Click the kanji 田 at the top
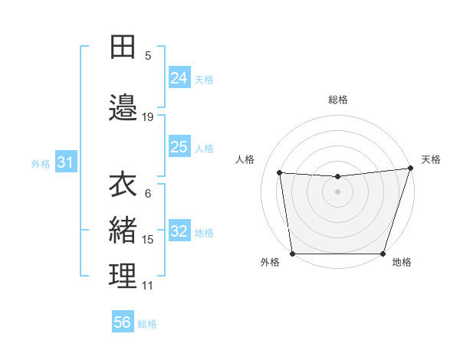[x=123, y=47]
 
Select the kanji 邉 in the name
[x=123, y=107]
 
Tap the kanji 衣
[x=123, y=185]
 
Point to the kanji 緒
[x=123, y=230]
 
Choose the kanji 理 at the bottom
[x=123, y=276]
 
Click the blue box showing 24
[x=179, y=78]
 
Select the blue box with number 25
[x=179, y=147]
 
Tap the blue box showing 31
[x=65, y=162]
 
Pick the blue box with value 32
[x=179, y=231]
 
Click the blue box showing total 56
[x=123, y=322]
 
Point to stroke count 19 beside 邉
[x=148, y=117]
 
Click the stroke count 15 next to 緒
[x=148, y=240]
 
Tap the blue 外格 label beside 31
[x=41, y=163]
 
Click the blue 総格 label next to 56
[x=147, y=324]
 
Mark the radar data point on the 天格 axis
[x=410, y=169]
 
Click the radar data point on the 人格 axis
[x=280, y=173]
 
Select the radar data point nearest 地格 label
[x=383, y=254]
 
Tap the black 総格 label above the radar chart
[x=338, y=100]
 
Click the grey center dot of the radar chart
[x=338, y=191]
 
